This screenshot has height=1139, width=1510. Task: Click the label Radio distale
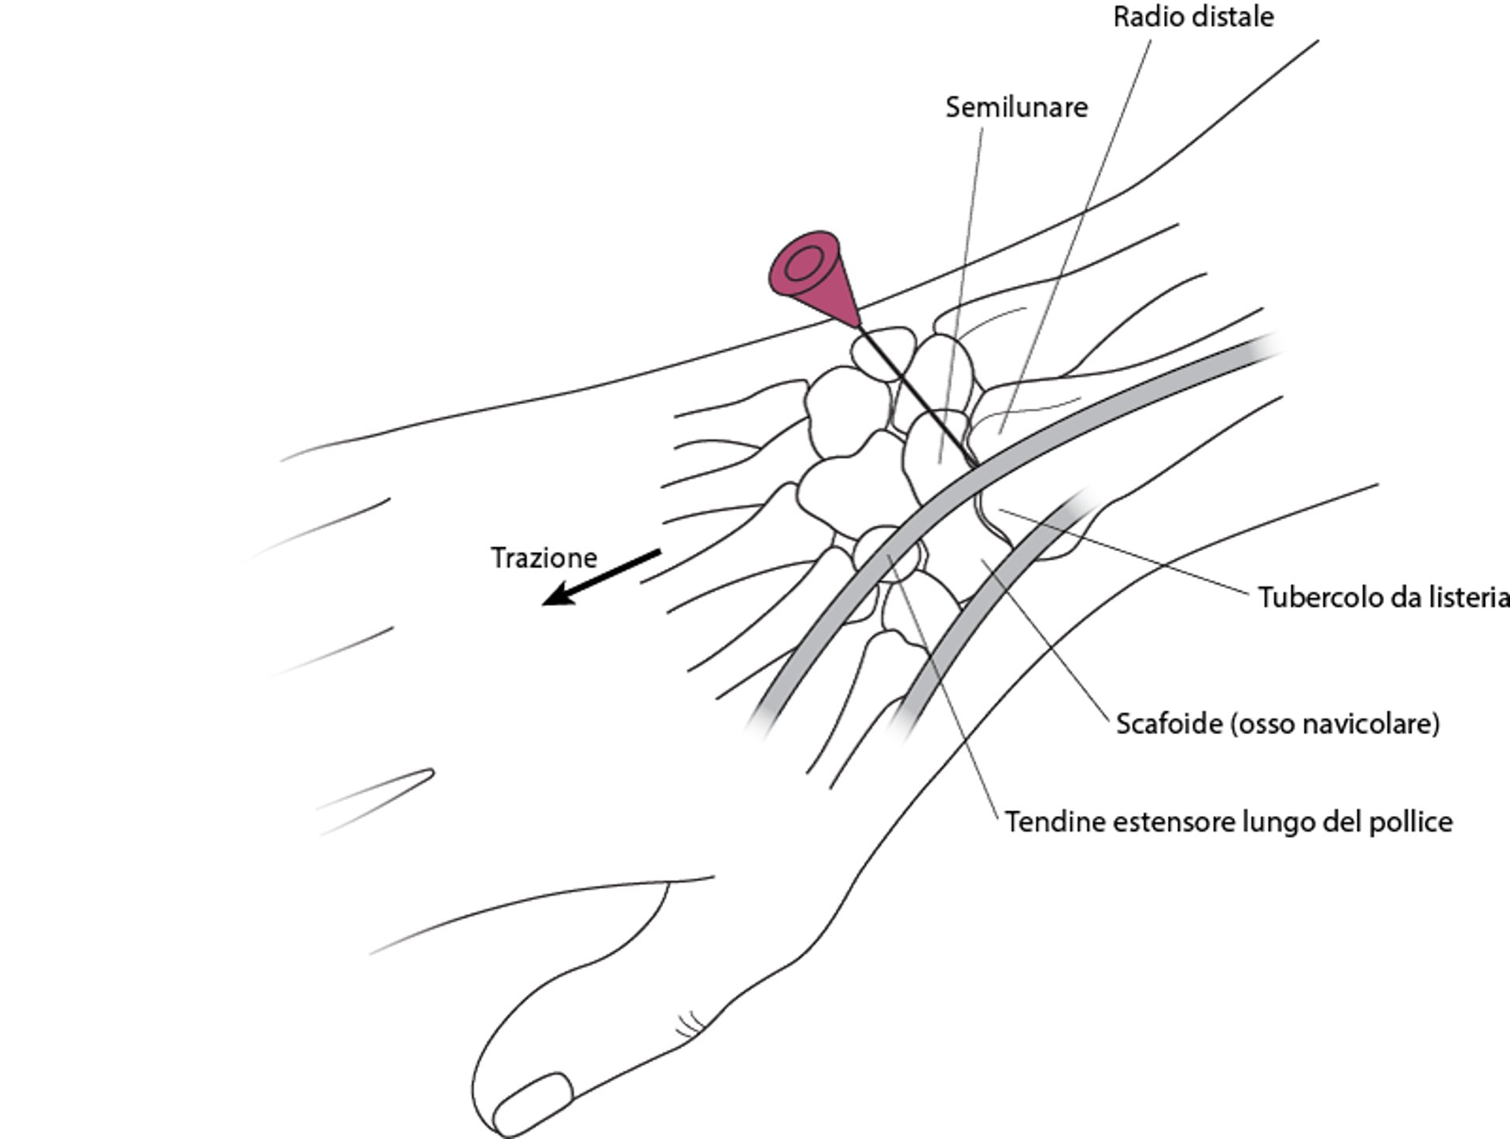click(x=1193, y=17)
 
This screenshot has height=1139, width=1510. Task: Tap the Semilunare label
click(x=1016, y=108)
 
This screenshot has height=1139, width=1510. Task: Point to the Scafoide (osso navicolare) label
click(x=1278, y=723)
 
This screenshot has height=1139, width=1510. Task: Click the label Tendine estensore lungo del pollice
click(x=1228, y=822)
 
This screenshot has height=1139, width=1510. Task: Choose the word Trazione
click(x=544, y=558)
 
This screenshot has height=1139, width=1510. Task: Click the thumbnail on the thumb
click(x=535, y=1100)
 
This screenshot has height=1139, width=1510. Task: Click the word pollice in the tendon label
click(x=1411, y=822)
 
